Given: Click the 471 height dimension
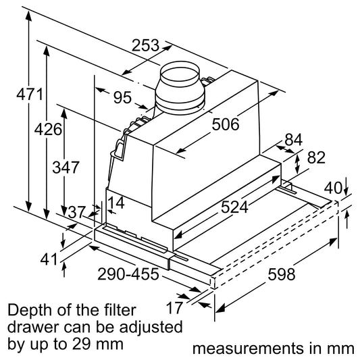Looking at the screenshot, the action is [30, 94].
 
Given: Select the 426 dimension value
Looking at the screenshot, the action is [48, 129].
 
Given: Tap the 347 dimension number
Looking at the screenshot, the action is [66, 167].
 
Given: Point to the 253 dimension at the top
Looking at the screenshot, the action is [145, 45].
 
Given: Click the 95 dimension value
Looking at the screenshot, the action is [123, 97].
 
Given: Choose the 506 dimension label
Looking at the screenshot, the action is [226, 124].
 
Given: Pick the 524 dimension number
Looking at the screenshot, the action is [234, 207].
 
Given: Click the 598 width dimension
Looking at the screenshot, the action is [282, 274].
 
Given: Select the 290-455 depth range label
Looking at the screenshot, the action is [128, 274].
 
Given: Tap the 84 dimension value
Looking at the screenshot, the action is [294, 140].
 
